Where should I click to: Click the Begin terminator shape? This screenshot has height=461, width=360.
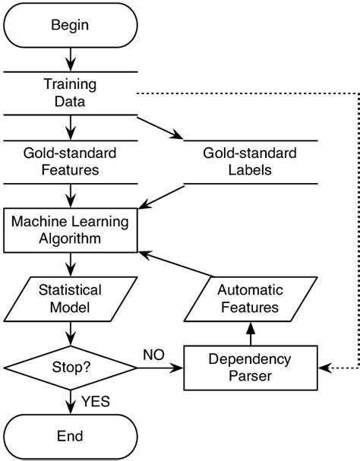70,25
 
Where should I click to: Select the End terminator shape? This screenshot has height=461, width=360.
70,436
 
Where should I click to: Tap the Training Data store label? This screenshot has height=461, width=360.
70,93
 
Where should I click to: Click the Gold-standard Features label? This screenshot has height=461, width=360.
70,162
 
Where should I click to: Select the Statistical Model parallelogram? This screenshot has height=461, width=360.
70,299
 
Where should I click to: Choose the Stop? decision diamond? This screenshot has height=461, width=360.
70,368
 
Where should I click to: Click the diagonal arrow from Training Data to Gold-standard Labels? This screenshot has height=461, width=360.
159,128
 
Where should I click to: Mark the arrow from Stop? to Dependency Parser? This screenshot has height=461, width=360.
159,368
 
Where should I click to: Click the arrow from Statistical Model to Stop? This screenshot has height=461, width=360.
70,334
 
